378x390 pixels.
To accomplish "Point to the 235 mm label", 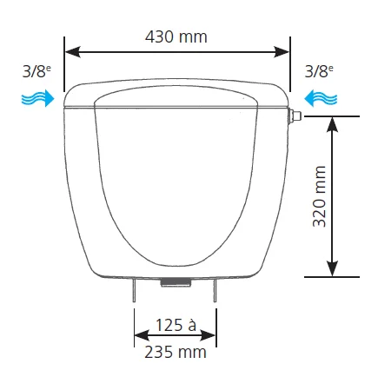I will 175,352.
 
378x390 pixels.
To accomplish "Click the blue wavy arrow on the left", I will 38,101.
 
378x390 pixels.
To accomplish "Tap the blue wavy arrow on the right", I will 315,101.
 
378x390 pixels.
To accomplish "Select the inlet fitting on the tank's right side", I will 295,114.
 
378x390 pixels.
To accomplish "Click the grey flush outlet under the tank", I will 176,281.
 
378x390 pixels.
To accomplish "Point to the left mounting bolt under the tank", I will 135,291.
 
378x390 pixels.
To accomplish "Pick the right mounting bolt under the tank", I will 216,291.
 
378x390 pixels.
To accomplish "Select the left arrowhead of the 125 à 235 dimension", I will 140,339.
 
